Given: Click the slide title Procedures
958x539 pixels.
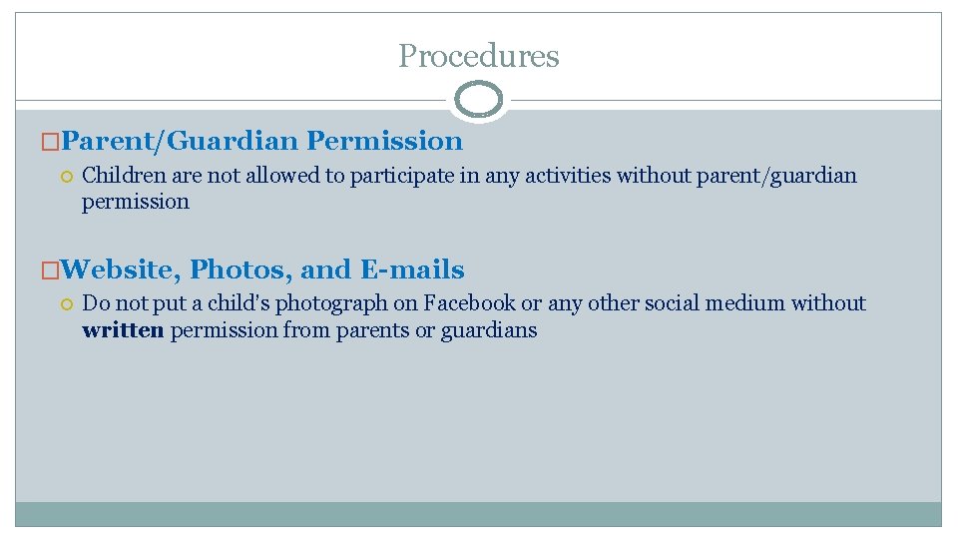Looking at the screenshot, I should (x=479, y=56).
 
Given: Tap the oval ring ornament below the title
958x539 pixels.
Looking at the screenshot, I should (x=479, y=100).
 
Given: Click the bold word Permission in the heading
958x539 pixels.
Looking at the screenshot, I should (x=385, y=142).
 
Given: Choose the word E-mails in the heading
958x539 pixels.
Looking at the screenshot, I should (x=412, y=269).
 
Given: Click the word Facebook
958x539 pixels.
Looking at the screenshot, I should (x=470, y=303).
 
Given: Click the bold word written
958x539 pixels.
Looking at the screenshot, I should (x=123, y=330).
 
